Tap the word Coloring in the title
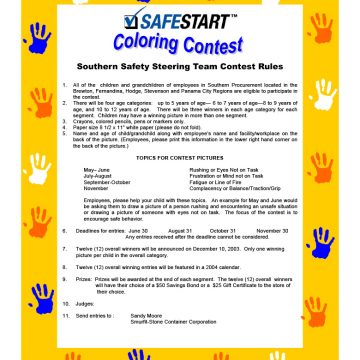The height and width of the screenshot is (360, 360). click(149, 44)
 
